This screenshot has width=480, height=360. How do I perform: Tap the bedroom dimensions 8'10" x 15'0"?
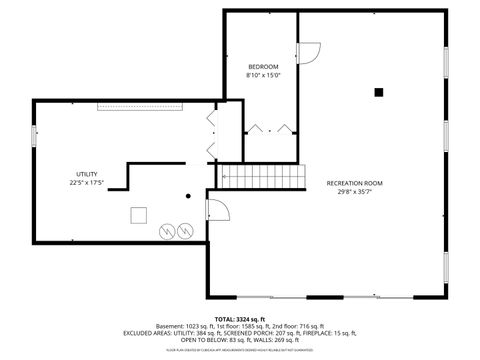tap(263, 75)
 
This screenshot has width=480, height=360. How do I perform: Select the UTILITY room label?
tap(86, 174)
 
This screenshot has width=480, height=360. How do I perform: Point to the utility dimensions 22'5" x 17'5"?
tap(87, 183)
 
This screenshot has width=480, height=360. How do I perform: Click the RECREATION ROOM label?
tap(354, 183)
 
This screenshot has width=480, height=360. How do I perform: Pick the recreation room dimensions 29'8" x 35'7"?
tap(354, 192)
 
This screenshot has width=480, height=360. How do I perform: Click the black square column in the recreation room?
tap(378, 92)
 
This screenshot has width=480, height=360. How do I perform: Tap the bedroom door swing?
tap(309, 50)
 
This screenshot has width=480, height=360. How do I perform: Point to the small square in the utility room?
tap(139, 213)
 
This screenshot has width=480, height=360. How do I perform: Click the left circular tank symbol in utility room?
tap(167, 230)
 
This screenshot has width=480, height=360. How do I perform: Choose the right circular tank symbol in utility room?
tap(185, 230)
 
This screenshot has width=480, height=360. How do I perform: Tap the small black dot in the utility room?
tap(187, 196)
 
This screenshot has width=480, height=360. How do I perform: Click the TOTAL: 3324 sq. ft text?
tap(240, 318)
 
